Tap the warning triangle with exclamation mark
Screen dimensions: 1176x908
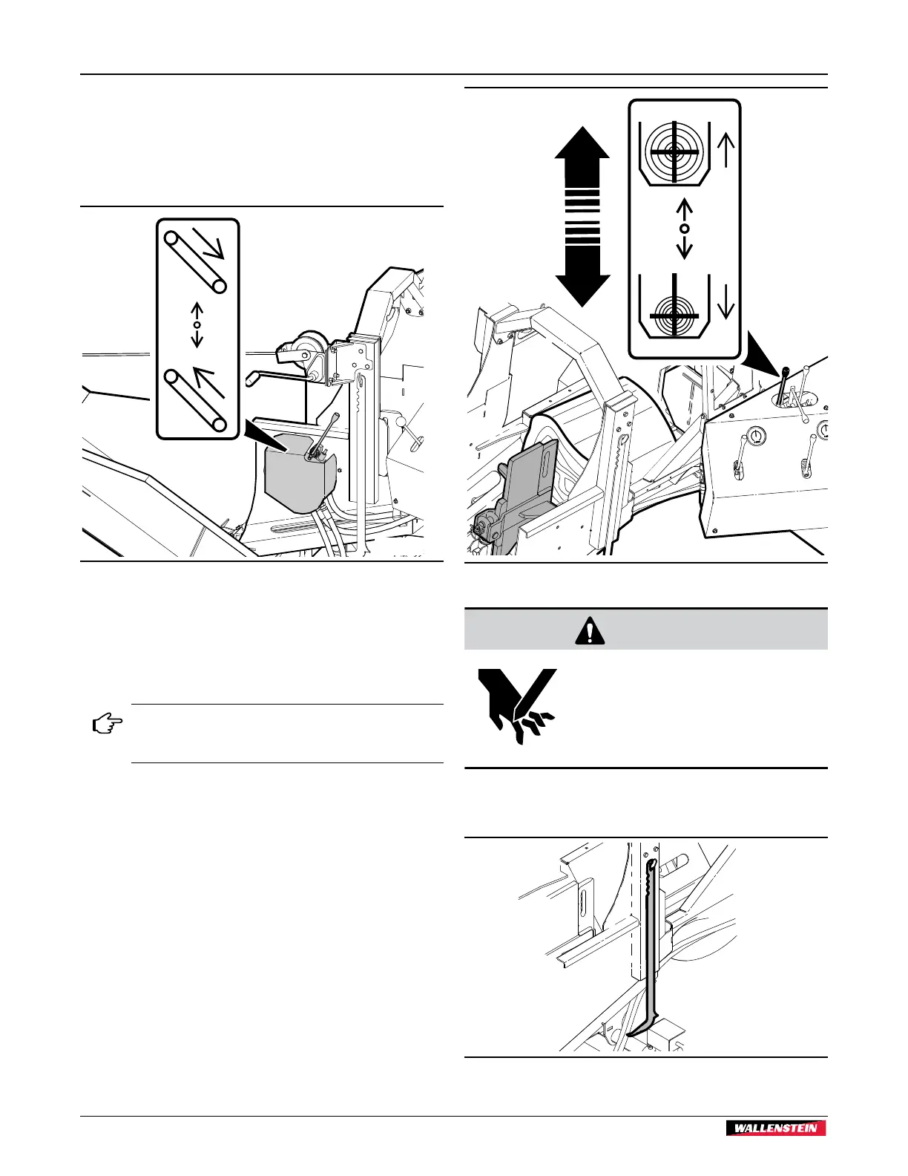tap(590, 630)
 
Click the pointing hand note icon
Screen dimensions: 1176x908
tap(107, 724)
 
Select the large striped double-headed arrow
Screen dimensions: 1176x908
tap(582, 216)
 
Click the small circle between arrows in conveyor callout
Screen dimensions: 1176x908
tap(197, 325)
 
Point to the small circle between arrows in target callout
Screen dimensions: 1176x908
tap(685, 228)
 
